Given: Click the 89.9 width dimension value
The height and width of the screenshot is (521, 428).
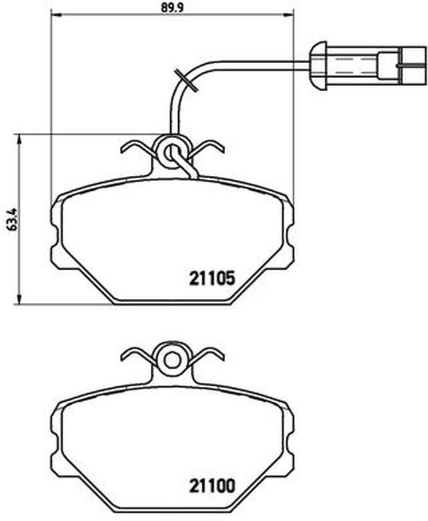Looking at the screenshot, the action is [x=172, y=7].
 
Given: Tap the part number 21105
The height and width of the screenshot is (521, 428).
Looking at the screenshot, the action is [x=212, y=278].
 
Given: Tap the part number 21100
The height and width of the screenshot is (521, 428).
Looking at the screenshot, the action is [x=212, y=486].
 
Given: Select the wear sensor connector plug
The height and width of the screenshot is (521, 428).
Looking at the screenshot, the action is [x=368, y=66].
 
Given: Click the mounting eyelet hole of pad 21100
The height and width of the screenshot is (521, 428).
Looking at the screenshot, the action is [x=172, y=360].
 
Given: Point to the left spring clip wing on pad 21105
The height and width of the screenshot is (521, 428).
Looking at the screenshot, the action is [x=138, y=149].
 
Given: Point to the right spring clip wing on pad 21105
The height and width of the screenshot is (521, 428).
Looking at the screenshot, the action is [x=207, y=148].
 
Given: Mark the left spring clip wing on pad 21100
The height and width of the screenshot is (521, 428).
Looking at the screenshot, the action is [x=138, y=357].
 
